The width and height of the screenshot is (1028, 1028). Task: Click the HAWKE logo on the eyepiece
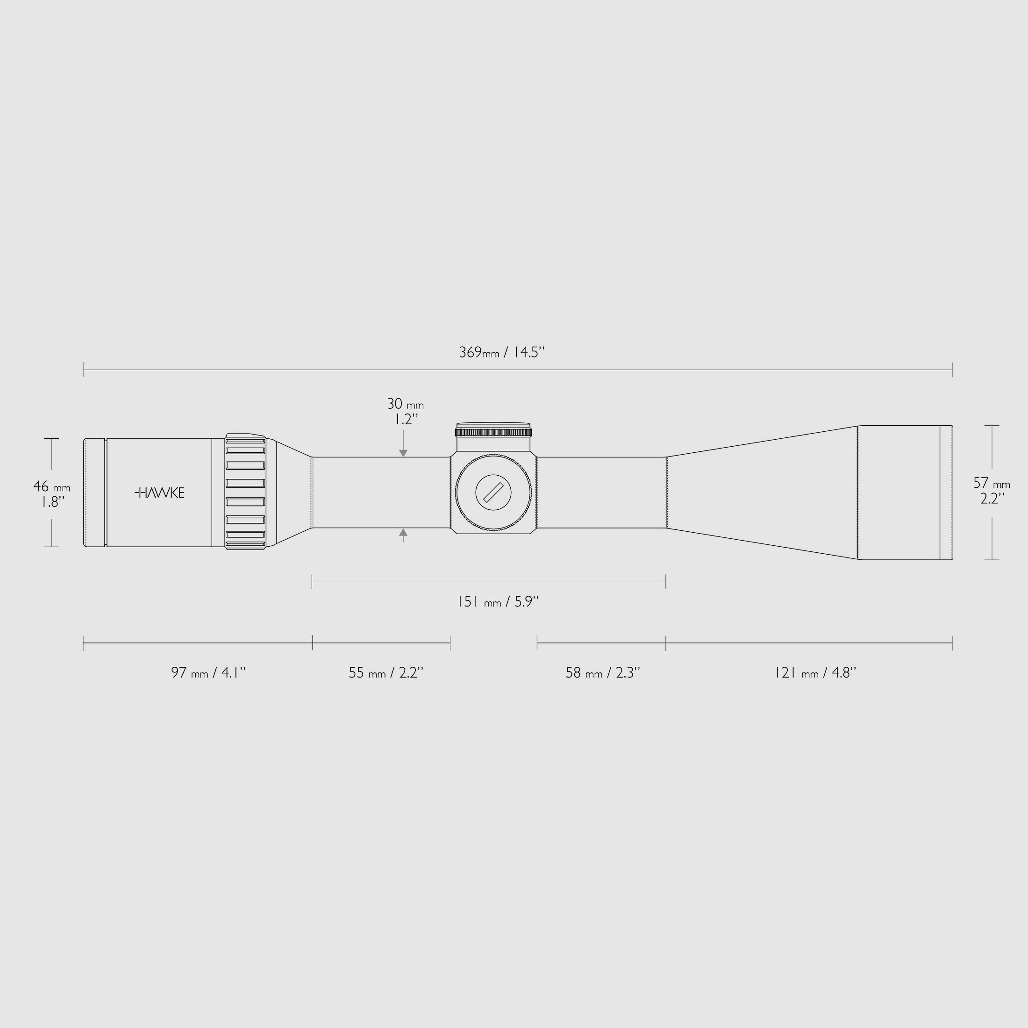tap(160, 493)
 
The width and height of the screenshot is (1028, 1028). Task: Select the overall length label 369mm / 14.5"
tap(502, 352)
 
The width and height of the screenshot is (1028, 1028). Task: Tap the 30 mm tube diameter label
tap(405, 404)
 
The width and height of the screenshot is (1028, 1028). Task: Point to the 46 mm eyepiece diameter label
tap(51, 486)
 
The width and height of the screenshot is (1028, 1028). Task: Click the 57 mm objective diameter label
tap(991, 483)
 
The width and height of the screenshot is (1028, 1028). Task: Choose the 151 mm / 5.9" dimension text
tap(498, 602)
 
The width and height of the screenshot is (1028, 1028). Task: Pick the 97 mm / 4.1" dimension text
tap(208, 672)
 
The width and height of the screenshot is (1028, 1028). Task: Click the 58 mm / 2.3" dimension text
tap(602, 672)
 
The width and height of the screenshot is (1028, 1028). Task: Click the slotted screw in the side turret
tap(493, 492)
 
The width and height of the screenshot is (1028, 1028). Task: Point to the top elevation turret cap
tap(493, 430)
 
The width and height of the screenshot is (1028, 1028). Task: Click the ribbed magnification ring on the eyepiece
tap(245, 492)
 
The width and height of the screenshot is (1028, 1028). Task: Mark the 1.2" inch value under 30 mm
tap(406, 419)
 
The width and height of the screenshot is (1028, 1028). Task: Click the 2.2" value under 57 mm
tap(992, 499)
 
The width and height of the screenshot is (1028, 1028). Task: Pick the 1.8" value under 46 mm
tap(53, 501)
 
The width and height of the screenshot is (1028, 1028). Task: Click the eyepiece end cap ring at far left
tap(94, 492)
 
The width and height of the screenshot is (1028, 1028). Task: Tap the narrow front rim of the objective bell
tap(946, 492)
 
